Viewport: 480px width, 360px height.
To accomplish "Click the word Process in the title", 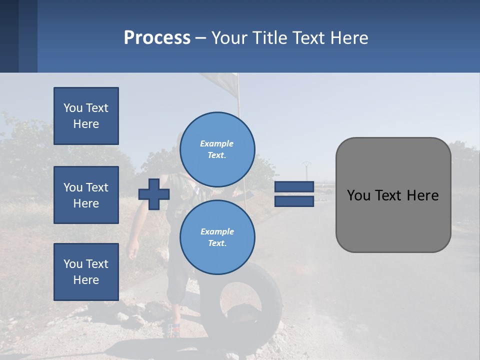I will (x=157, y=38).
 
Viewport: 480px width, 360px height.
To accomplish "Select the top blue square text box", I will (x=86, y=116).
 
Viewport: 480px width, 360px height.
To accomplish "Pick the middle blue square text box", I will (x=86, y=195).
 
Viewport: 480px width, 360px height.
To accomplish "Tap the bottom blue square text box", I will (x=86, y=271).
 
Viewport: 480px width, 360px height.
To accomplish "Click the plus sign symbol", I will (x=154, y=194).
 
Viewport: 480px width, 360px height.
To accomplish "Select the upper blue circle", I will (x=217, y=149).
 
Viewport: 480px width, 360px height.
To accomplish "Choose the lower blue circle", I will (x=217, y=237).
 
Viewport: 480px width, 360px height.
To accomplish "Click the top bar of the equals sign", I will (x=294, y=187).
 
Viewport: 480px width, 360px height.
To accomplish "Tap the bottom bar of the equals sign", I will (x=294, y=201).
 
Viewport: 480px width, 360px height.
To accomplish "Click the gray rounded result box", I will (x=393, y=220).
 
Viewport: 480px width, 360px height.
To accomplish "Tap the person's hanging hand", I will (x=133, y=250).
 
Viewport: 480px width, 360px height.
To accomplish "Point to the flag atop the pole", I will (x=220, y=82).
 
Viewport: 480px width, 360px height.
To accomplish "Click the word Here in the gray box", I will (x=422, y=195).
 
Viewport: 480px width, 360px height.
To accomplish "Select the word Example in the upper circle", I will (x=216, y=143).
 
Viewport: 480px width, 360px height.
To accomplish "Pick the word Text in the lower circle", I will (x=216, y=243).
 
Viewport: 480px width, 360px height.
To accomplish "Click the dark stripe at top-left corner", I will (x=9, y=36).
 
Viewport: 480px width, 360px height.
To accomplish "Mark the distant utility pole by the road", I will (x=306, y=170).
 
